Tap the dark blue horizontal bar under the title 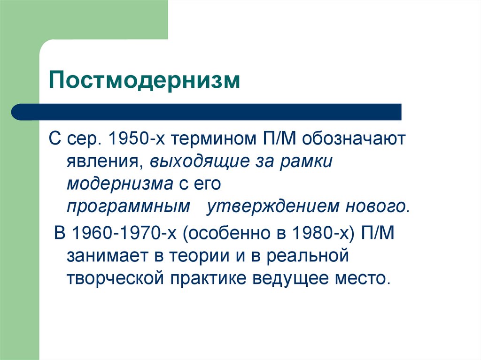click(207, 112)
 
